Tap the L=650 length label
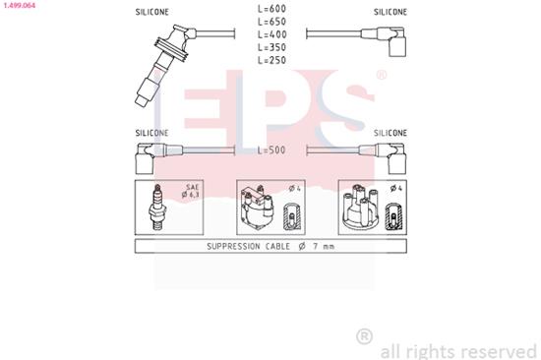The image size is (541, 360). click(x=270, y=23)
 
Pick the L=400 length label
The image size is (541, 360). click(x=270, y=35)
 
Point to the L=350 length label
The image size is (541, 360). click(x=270, y=47)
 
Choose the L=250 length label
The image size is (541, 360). click(x=270, y=59)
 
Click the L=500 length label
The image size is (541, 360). click(x=270, y=150)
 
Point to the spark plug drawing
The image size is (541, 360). click(x=155, y=206)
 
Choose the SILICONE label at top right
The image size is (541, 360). click(x=391, y=11)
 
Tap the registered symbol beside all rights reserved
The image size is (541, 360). click(x=364, y=337)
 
